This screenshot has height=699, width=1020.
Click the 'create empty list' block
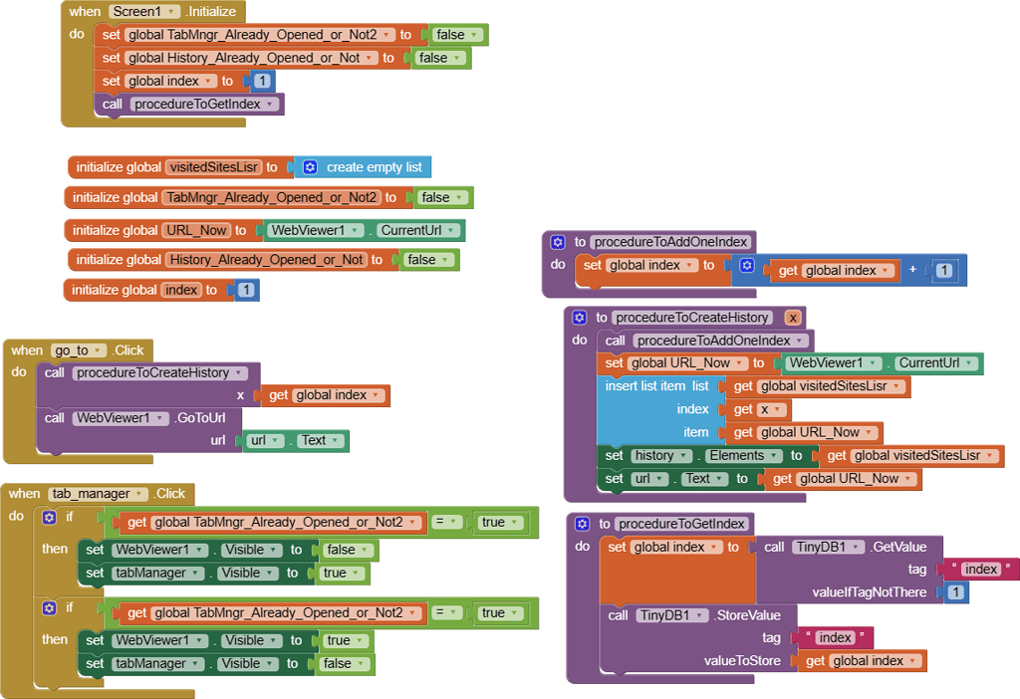pos(373,167)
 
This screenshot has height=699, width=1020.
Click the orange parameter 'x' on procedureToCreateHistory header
pos(792,318)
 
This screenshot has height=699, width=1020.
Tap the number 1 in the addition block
pos(943,270)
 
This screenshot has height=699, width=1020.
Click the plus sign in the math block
pos(912,270)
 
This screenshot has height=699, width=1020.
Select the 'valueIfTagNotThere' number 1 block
pos(955,592)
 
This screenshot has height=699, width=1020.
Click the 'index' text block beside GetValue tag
pos(980,570)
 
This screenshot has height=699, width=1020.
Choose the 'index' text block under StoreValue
pos(834,638)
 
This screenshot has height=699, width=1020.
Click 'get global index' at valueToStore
pos(863,661)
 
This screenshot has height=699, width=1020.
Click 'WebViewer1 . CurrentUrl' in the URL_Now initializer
pos(364,230)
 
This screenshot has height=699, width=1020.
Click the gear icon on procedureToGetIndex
pos(585,524)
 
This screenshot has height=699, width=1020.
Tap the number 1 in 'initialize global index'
pos(246,290)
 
